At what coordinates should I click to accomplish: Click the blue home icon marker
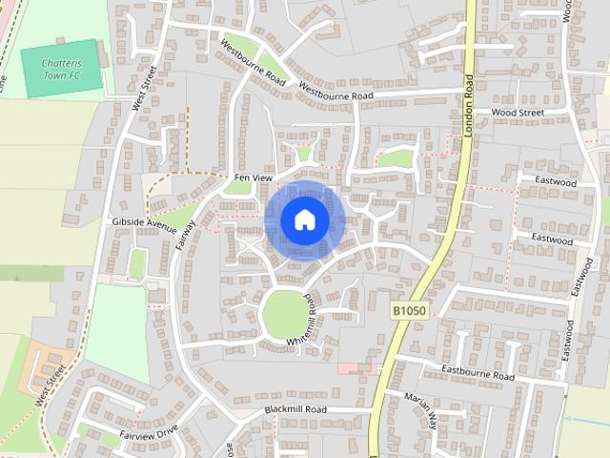point(303,219)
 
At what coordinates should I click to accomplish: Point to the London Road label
point(469,105)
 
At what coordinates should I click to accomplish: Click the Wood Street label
point(518,113)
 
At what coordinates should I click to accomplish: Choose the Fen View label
point(254,178)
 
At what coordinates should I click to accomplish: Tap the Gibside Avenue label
point(145,221)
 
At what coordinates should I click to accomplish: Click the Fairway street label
point(187,235)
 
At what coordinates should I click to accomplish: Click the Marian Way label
point(420,407)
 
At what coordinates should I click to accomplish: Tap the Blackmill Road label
point(295,409)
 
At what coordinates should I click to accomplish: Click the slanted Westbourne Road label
point(254,60)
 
